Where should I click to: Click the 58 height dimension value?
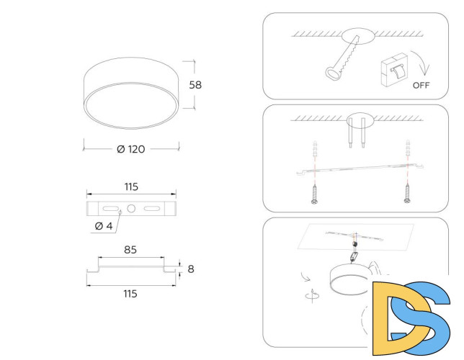[195, 84]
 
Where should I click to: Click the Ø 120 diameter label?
[130, 149]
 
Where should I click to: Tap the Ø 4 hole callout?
[104, 226]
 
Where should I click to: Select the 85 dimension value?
[130, 251]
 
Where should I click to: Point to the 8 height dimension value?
[190, 269]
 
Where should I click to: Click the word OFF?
[422, 85]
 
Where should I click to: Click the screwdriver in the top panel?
[344, 58]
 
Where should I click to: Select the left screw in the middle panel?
[315, 194]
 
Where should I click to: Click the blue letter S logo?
[430, 314]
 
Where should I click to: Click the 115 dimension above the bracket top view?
[130, 186]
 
